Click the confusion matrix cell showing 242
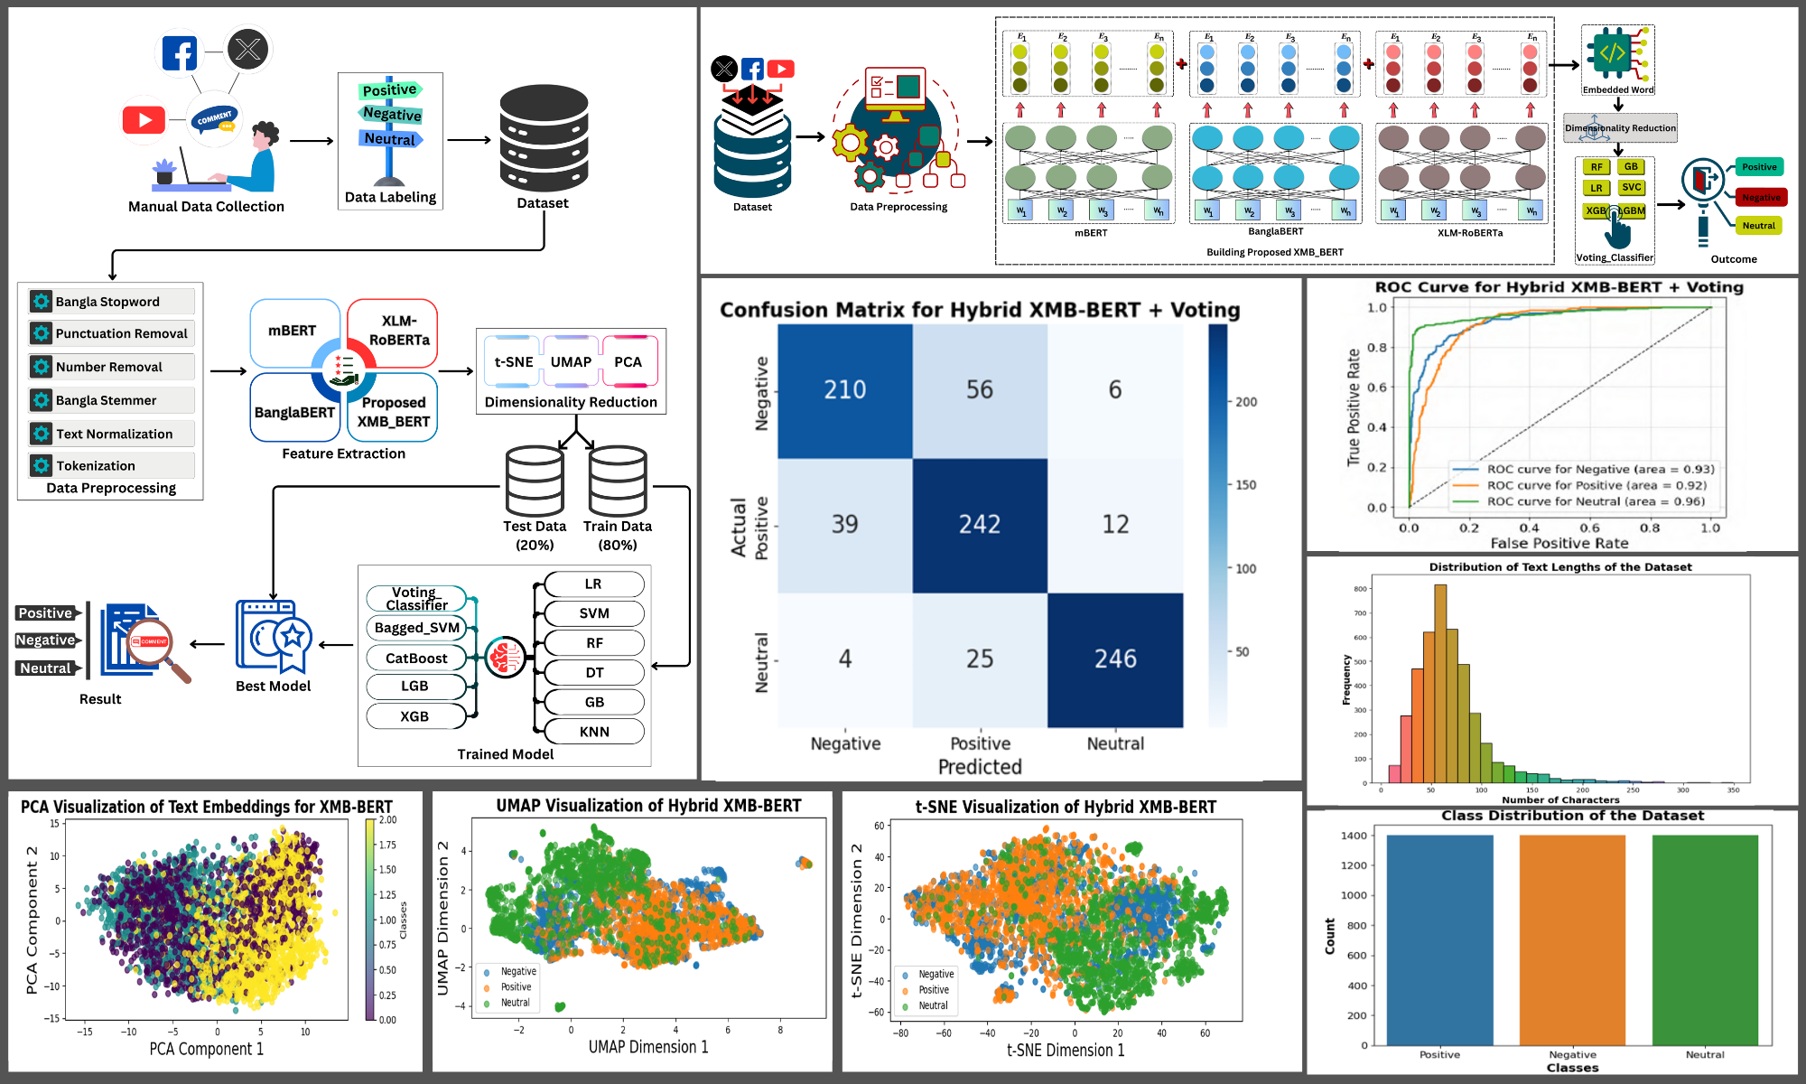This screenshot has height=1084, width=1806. coord(980,525)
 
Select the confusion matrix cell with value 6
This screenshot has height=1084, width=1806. coord(1115,390)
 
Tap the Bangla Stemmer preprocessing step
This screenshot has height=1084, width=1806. coord(111,400)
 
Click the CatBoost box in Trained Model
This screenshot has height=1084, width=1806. coord(416,658)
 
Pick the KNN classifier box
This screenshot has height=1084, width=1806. coord(594,732)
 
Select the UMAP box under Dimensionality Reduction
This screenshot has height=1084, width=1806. coord(571,361)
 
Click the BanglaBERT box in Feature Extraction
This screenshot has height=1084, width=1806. coord(294,411)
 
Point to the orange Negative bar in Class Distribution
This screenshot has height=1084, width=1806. coord(1572,939)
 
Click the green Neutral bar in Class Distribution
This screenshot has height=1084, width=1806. coord(1705,939)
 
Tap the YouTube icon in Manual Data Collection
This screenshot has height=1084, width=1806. coord(144,119)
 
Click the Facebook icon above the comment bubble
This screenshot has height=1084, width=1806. coord(180,54)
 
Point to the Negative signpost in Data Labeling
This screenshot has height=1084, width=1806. coord(392,114)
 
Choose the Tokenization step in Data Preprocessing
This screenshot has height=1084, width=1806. coord(111,465)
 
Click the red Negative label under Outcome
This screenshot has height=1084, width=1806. coord(1760,197)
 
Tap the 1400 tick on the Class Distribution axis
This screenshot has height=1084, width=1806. coord(1354,836)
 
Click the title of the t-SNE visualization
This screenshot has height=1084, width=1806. coord(1066,807)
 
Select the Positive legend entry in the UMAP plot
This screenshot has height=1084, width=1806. coord(516,987)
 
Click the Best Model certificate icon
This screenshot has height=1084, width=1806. coord(274,637)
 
